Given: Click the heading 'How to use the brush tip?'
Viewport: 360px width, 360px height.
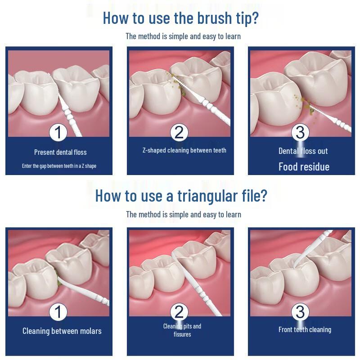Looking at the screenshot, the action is coord(181,18).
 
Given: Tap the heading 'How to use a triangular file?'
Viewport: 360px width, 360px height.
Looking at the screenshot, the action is coord(181,196).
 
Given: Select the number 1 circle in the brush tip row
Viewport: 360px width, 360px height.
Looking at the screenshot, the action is coord(58,133).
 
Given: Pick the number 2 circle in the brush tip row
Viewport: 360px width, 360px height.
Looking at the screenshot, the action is coord(179,132).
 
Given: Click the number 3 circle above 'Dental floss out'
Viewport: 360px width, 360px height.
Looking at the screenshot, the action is coord(300,132).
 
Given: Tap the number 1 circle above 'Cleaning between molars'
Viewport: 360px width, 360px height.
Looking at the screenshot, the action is coord(58,312).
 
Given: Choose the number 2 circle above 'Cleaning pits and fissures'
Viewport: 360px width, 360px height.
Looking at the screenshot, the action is coord(179,312).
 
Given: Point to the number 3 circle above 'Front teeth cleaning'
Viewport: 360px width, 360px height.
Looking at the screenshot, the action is coord(300,312).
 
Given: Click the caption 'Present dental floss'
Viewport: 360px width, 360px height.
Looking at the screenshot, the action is coord(60,152).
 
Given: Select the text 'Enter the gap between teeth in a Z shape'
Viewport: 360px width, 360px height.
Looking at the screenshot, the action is coord(59,166).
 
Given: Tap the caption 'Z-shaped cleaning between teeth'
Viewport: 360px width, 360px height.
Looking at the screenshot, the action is coord(184,150).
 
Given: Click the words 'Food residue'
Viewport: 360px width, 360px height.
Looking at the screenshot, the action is coord(304,166).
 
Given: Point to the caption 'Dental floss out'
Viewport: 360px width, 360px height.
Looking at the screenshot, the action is coord(303,151).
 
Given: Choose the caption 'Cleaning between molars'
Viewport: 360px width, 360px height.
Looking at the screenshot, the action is coord(62,331).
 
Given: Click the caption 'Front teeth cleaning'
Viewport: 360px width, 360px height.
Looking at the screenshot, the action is coord(305,330).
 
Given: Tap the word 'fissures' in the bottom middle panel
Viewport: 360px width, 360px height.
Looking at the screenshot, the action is coord(182,334).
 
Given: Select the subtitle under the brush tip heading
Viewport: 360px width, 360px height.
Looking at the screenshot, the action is coord(183,36).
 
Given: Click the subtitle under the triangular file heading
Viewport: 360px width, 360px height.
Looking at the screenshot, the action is coord(184,215).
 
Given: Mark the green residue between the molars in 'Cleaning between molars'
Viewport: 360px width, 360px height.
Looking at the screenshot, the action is coord(58,278).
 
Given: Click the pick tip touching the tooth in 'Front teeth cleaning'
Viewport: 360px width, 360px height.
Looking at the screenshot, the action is coord(294,266).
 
